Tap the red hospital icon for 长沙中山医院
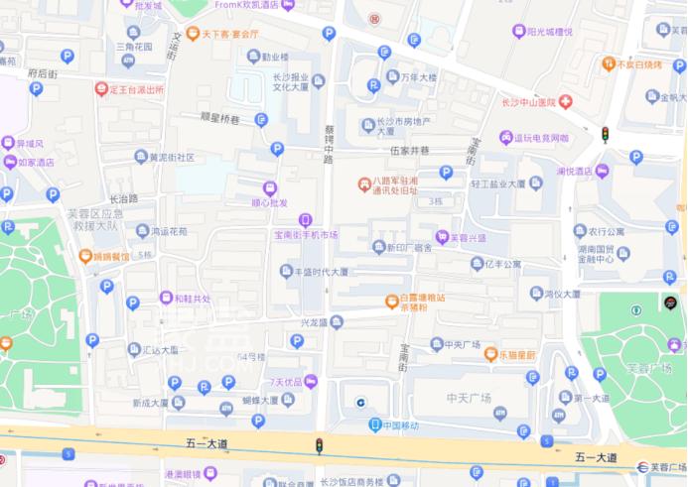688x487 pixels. coord(564,102)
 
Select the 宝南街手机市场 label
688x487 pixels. coord(306,235)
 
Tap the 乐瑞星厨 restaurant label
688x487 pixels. coord(517,355)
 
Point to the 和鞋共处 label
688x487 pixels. coord(192,298)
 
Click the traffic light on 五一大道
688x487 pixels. coord(319,446)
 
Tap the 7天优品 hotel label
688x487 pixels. coord(285,382)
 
